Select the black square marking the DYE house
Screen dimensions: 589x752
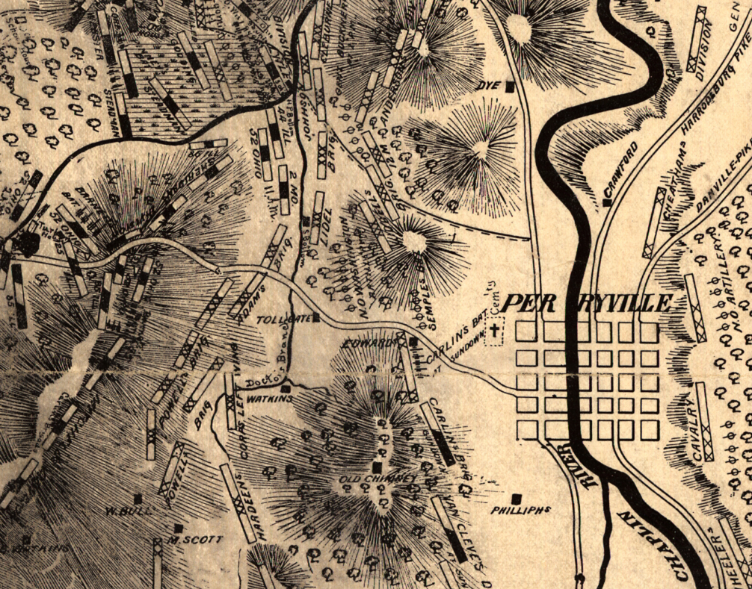[x=511, y=87]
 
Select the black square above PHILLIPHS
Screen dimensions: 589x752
[x=515, y=498]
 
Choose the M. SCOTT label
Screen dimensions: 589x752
[x=187, y=539]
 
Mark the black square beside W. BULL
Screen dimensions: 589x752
[x=138, y=498]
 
